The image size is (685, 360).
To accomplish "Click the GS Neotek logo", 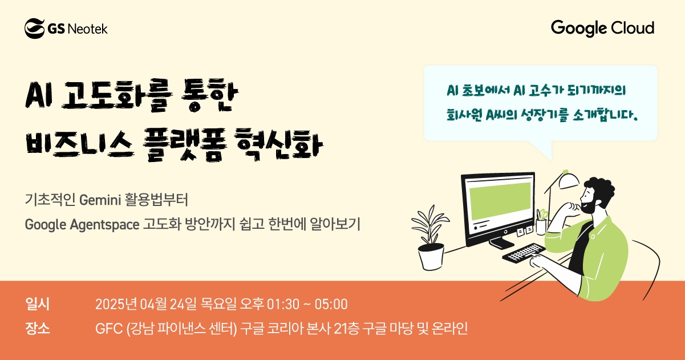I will tap(66, 28).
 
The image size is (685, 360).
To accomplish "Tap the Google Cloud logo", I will tap(602, 28).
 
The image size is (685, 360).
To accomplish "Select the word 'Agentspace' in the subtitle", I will tap(109, 225).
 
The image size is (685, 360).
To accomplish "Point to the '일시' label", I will tap(38, 304).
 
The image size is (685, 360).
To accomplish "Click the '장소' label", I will tap(38, 329).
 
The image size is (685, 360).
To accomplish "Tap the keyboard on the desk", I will tap(523, 253).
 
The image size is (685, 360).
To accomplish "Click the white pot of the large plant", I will tap(431, 257).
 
